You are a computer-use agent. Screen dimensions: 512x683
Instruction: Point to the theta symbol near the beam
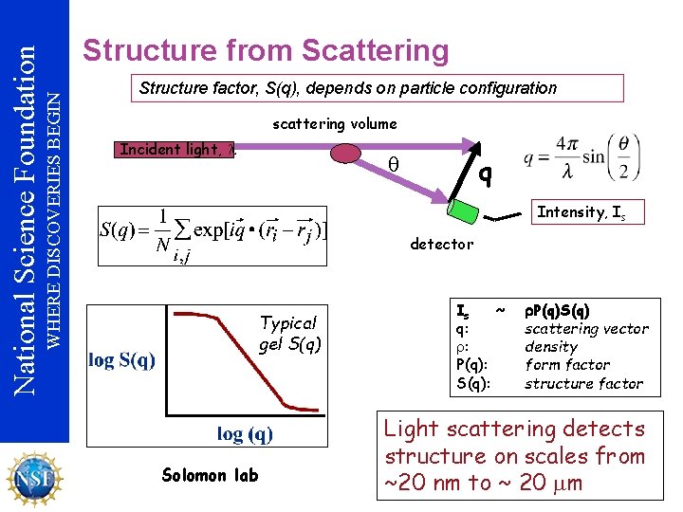click(x=394, y=164)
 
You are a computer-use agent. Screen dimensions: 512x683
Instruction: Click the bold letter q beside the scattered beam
click(x=485, y=174)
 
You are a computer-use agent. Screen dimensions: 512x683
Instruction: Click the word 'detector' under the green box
click(x=441, y=244)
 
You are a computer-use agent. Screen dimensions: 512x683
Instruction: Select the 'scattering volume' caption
click(x=335, y=123)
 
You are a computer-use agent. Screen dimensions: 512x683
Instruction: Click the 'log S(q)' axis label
click(x=122, y=359)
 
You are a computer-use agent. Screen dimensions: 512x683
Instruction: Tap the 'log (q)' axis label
click(x=245, y=433)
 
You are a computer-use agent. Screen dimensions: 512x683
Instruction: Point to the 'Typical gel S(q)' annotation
click(x=289, y=333)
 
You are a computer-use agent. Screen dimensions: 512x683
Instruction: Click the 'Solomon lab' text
click(x=210, y=475)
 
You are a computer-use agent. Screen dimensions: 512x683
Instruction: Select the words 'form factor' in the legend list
click(x=567, y=365)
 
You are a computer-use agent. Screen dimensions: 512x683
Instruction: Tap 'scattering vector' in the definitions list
click(x=586, y=329)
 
